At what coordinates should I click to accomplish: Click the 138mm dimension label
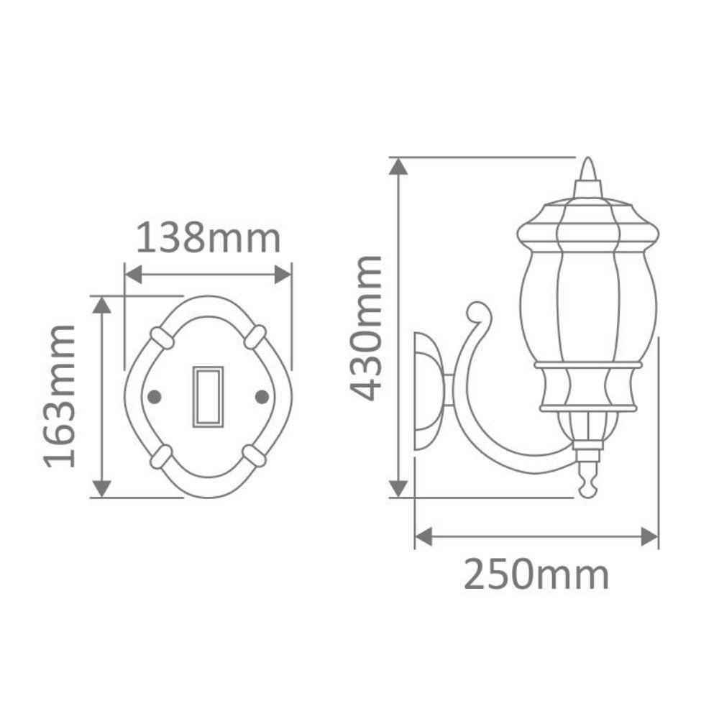coord(208,239)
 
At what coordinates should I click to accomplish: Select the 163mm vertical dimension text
coord(60,396)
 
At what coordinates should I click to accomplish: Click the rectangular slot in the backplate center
coord(208,396)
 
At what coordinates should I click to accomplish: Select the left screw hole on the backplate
coord(152,396)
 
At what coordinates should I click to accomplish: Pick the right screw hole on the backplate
coord(262,396)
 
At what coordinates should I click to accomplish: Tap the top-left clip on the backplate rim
coord(162,337)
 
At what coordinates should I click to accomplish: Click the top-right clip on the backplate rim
coord(255,336)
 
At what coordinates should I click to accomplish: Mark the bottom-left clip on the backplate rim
coord(161,456)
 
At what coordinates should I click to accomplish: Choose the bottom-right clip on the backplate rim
coord(255,455)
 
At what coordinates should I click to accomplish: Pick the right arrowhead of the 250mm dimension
coord(649,536)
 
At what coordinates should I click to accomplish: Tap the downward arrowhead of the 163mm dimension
coord(103,488)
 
